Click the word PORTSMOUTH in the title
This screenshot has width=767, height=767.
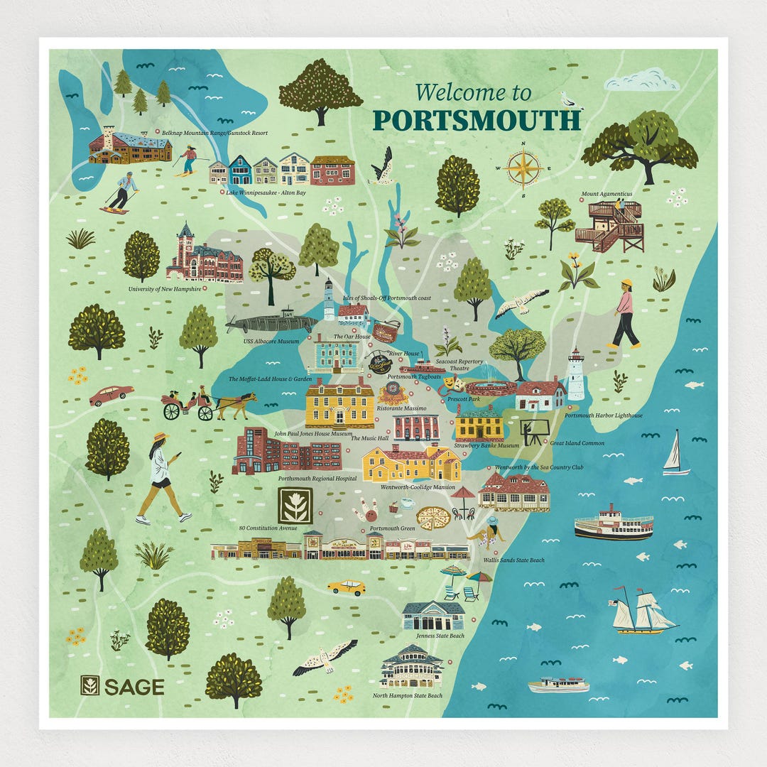pyautogui.click(x=477, y=120)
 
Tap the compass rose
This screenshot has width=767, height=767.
pyautogui.click(x=524, y=168)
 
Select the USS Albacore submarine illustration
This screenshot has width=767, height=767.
pyautogui.click(x=271, y=323)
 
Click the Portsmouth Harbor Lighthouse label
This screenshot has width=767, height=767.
pyautogui.click(x=604, y=415)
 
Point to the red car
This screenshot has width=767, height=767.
pyautogui.click(x=111, y=394)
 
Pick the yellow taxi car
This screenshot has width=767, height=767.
pyautogui.click(x=347, y=587)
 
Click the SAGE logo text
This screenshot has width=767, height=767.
pyautogui.click(x=134, y=687)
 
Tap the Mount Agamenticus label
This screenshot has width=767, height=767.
pyautogui.click(x=606, y=193)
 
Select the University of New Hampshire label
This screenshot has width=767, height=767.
pyautogui.click(x=164, y=290)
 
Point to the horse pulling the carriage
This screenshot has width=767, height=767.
pyautogui.click(x=236, y=406)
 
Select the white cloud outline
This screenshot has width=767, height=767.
pyautogui.click(x=641, y=80)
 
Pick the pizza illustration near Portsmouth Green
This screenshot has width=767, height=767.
pyautogui.click(x=433, y=518)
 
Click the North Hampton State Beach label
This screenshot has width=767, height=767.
pyautogui.click(x=408, y=695)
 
